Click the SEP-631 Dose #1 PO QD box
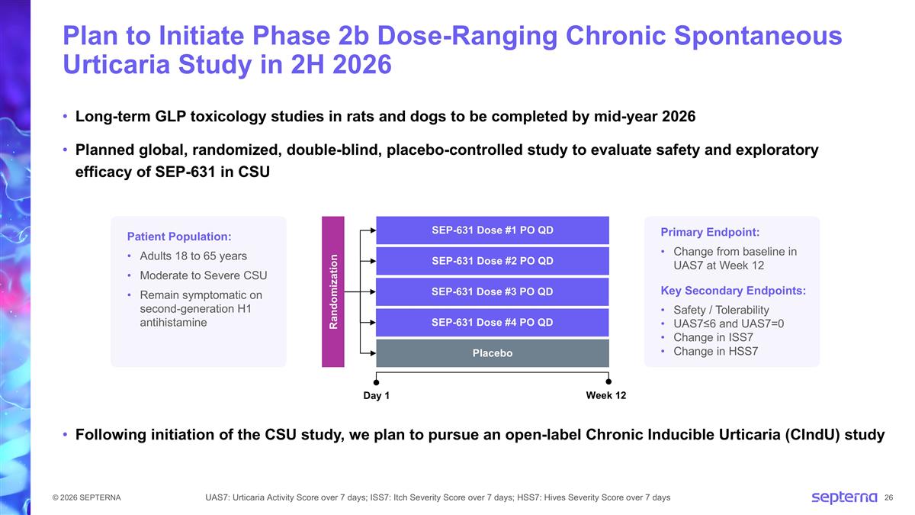(x=492, y=230)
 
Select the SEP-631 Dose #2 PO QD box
(x=492, y=261)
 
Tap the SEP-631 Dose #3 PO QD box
(x=492, y=291)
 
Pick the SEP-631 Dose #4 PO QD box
(x=492, y=322)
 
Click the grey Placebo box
(x=492, y=353)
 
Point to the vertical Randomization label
(x=333, y=291)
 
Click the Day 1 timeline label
(x=376, y=396)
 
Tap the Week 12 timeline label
(x=605, y=396)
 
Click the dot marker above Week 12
(x=608, y=381)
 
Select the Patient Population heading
(x=179, y=236)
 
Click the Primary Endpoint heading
(x=710, y=232)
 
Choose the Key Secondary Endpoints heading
(x=733, y=291)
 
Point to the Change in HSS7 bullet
(x=715, y=351)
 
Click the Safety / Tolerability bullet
(x=721, y=310)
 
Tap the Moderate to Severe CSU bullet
(x=203, y=275)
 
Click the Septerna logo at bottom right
(x=844, y=497)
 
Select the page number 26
(x=888, y=498)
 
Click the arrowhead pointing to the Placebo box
(x=372, y=353)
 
